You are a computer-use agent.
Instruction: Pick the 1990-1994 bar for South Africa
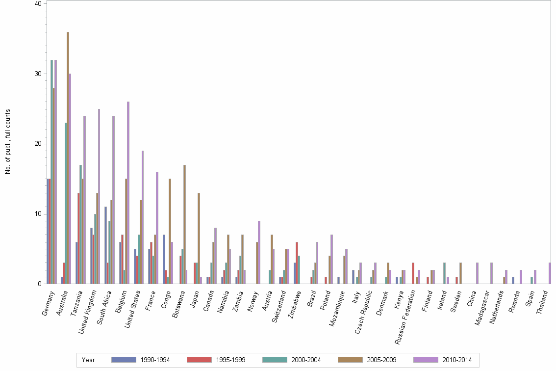[105, 245]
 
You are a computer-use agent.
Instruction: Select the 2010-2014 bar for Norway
[259, 252]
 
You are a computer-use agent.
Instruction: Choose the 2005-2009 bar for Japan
[199, 238]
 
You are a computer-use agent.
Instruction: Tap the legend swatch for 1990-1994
[124, 360]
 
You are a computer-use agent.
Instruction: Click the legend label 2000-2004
[306, 360]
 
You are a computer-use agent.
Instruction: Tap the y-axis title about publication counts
[8, 142]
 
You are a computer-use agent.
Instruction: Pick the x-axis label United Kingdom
[88, 311]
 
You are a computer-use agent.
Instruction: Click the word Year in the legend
[88, 360]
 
